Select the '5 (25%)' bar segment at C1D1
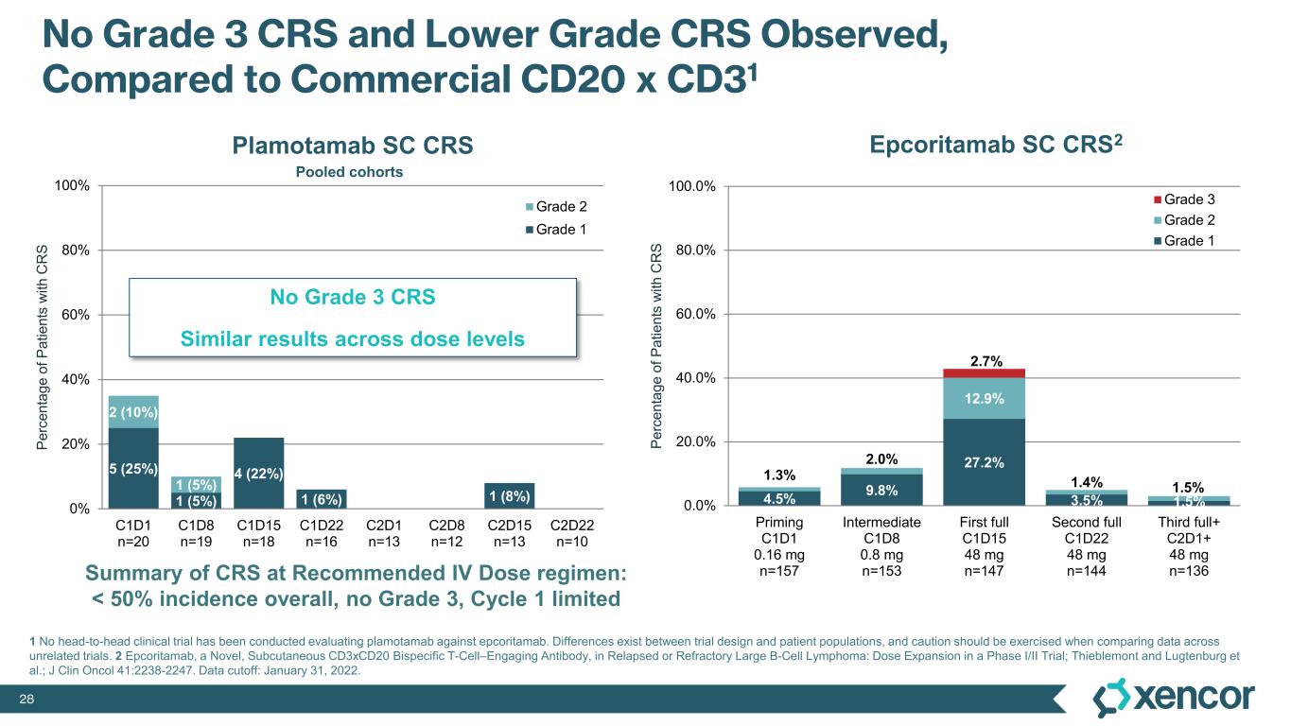132,467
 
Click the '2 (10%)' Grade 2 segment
132,411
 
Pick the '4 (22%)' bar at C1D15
258,472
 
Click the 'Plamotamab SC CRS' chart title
352,146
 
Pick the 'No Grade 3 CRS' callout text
352,297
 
